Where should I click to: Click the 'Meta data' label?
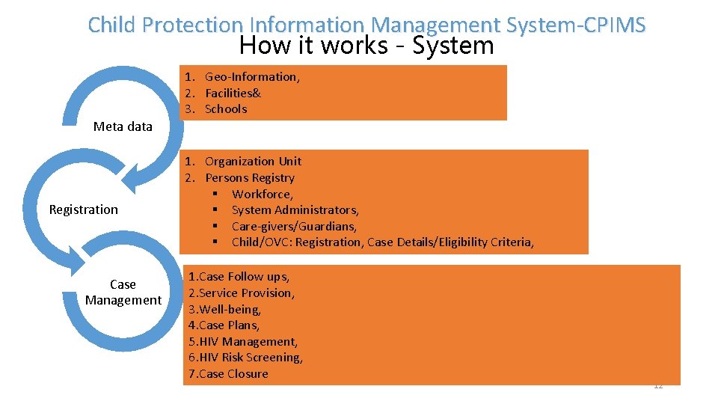(123, 126)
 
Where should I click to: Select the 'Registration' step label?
(83, 209)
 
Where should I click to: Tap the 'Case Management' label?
(123, 292)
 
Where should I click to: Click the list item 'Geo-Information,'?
(252, 77)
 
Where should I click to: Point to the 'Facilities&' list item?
(233, 93)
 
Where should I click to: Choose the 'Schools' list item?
(225, 109)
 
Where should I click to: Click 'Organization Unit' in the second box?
(253, 162)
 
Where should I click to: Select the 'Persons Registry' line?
(249, 178)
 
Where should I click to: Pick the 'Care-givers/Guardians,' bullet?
(294, 226)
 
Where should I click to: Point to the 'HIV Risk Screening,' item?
(251, 358)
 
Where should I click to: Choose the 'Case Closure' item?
(233, 374)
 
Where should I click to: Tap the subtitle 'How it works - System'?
(366, 46)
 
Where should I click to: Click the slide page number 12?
(658, 386)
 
